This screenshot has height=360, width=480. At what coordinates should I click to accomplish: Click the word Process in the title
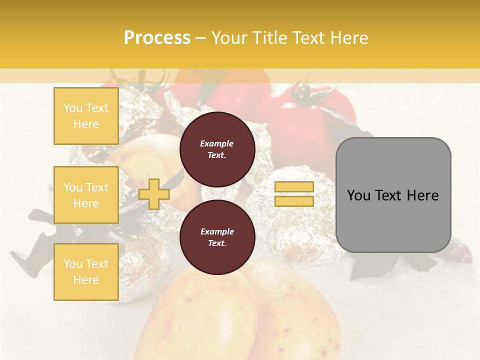pyautogui.click(x=157, y=38)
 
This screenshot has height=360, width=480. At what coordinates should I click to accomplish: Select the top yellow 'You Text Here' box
pyautogui.click(x=86, y=116)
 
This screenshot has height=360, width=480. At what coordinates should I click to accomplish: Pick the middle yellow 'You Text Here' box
pyautogui.click(x=86, y=195)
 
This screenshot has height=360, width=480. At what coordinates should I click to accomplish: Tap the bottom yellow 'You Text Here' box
pyautogui.click(x=86, y=272)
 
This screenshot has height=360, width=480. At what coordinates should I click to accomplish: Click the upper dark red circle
pyautogui.click(x=217, y=149)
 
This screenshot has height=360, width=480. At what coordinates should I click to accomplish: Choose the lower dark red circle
pyautogui.click(x=217, y=237)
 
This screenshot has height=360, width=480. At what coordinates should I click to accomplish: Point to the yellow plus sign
pyautogui.click(x=154, y=194)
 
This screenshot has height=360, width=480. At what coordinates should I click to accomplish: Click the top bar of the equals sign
pyautogui.click(x=294, y=186)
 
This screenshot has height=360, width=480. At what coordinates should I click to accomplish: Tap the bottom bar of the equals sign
pyautogui.click(x=294, y=201)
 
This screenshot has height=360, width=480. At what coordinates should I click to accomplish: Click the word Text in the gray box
pyautogui.click(x=388, y=195)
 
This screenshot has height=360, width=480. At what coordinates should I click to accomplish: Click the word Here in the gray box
pyautogui.click(x=423, y=195)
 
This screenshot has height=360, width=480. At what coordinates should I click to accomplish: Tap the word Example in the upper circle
pyautogui.click(x=216, y=144)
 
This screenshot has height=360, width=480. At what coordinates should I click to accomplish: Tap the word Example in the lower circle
pyautogui.click(x=216, y=232)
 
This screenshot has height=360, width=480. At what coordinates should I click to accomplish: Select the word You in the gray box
pyautogui.click(x=358, y=195)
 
